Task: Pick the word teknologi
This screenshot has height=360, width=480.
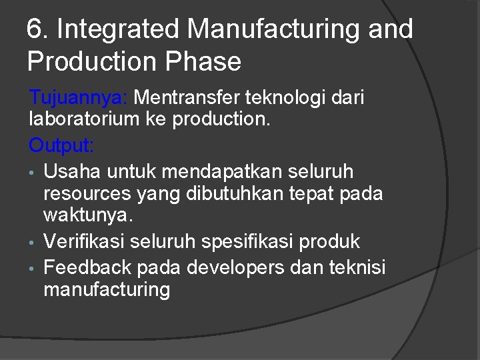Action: coord(284,99)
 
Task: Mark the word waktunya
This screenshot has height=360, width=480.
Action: coord(89,215)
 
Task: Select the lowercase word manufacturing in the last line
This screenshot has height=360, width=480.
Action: coord(107,289)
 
